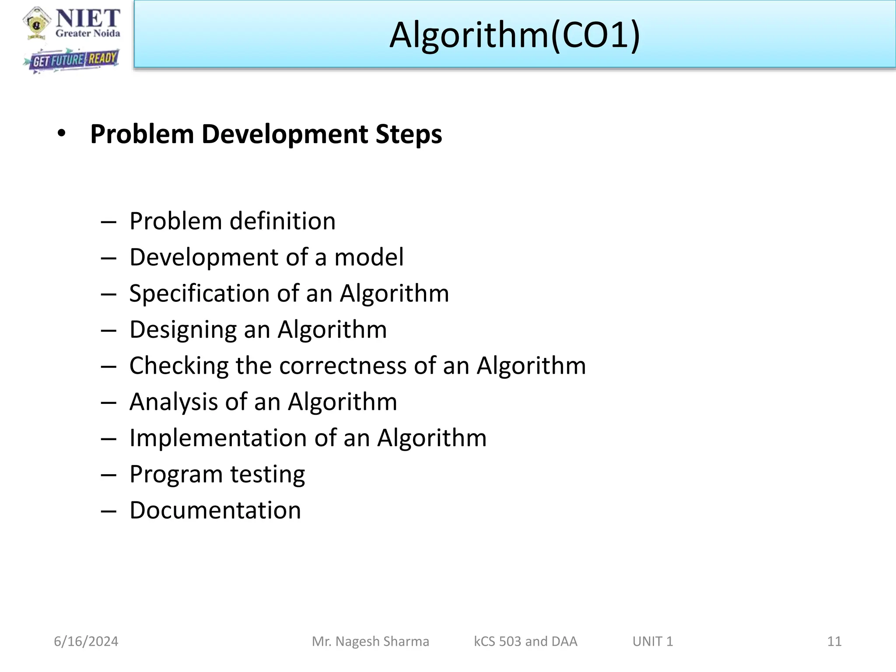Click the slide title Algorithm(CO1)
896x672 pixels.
514,35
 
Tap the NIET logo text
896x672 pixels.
88,18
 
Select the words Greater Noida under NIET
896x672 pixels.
88,34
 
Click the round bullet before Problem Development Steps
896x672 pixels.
61,133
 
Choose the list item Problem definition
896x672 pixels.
232,221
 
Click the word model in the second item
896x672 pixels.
369,257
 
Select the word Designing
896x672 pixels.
182,330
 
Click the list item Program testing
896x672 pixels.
217,474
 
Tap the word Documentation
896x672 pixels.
215,511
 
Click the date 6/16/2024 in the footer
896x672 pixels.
86,641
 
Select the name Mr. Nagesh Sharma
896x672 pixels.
370,641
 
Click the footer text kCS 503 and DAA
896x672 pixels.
525,641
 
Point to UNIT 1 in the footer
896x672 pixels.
652,641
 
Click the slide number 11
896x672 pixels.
834,641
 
